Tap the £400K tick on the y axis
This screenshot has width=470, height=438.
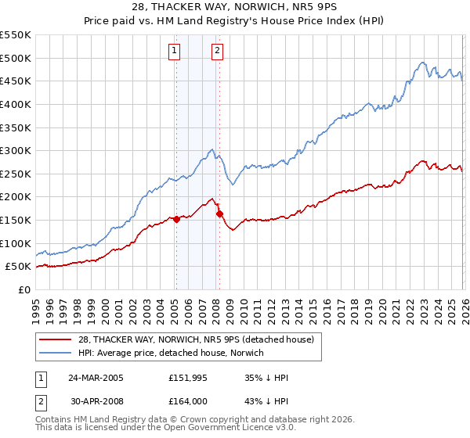[x=16, y=104]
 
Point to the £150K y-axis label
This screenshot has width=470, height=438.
[x=16, y=221]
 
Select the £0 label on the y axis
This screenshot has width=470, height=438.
[x=23, y=290]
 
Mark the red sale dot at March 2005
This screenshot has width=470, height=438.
[x=176, y=219]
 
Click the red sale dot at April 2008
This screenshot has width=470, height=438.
[x=219, y=214]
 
